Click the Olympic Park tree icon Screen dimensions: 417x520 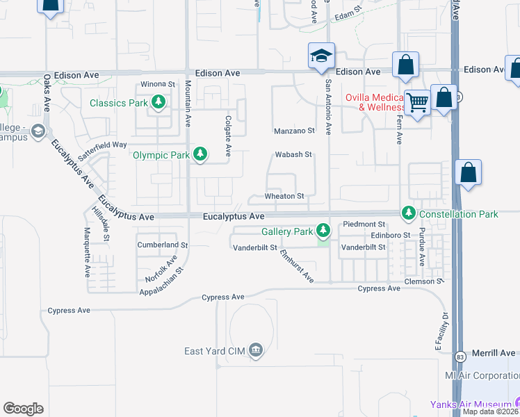point(200,154)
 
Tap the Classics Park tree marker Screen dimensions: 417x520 point(159,104)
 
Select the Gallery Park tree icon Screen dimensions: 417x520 point(323,229)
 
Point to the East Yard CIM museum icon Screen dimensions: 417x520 point(256,351)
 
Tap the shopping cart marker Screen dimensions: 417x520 point(417,103)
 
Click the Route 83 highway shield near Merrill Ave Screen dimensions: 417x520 point(460,357)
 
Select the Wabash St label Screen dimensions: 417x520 point(293,155)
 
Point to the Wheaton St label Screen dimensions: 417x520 point(285,197)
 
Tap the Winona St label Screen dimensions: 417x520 point(158,84)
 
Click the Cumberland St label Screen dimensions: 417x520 point(163,245)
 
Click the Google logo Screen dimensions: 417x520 point(23,409)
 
